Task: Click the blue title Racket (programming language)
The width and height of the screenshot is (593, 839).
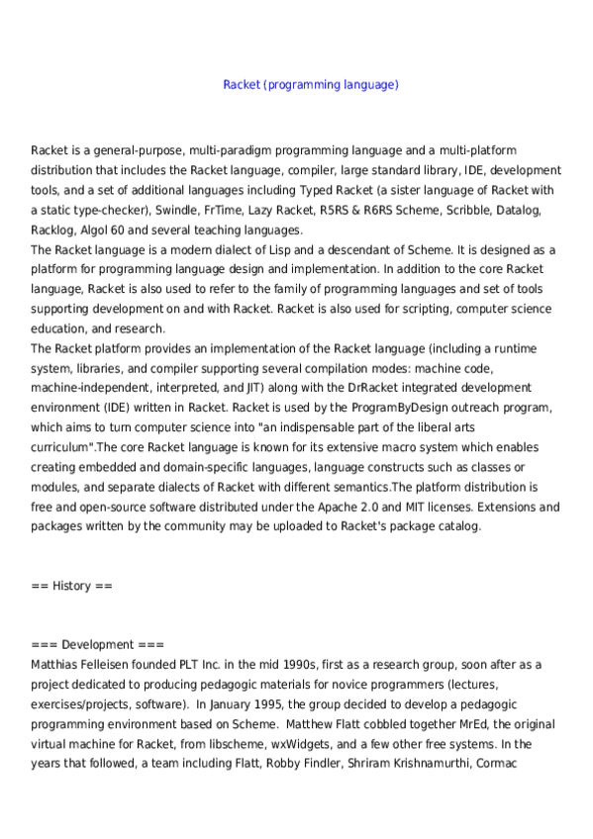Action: point(311,85)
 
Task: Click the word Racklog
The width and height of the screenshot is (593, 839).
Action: point(53,231)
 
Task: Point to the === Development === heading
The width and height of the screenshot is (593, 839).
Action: point(89,645)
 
